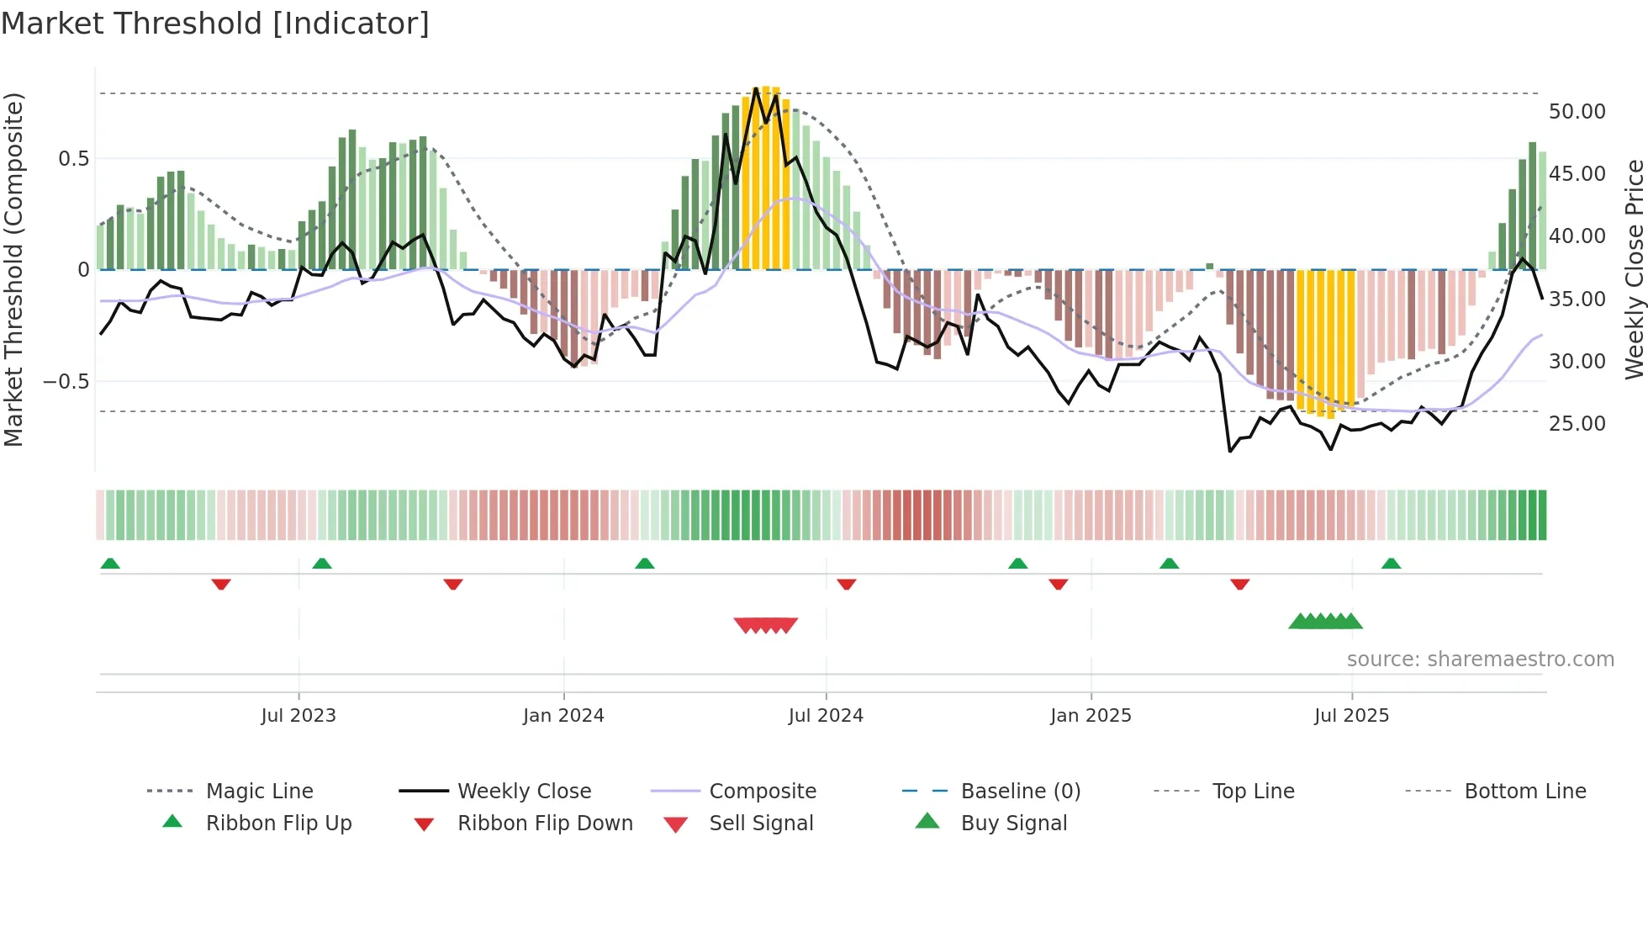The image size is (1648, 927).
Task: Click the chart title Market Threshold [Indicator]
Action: coord(214,24)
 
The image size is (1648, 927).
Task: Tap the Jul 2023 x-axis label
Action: coord(298,716)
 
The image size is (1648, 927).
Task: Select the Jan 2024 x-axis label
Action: coord(563,716)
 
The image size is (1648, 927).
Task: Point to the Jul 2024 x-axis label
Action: coord(826,716)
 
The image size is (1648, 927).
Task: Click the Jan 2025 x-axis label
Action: coord(1091,716)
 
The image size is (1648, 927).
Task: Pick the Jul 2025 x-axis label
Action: coord(1351,716)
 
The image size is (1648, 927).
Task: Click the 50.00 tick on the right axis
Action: coord(1577,112)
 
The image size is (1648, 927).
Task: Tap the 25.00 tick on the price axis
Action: coord(1577,424)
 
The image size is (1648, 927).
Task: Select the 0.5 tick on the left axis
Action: coord(73,159)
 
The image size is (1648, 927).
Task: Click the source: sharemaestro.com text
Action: coord(1480,659)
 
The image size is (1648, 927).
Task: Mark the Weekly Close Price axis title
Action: coord(1634,269)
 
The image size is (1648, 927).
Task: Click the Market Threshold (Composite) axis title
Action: coord(13,269)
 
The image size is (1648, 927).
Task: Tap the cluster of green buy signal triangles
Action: coord(1325,622)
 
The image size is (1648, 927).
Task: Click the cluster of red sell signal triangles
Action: coord(765,625)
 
